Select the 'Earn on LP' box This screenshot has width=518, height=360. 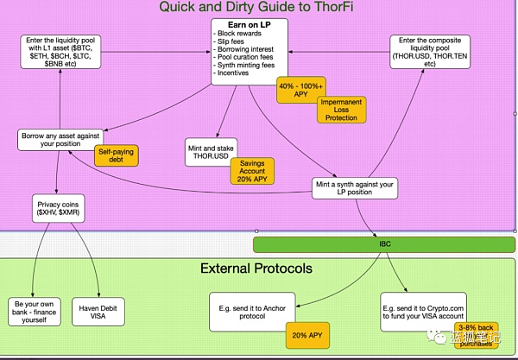pyautogui.click(x=255, y=52)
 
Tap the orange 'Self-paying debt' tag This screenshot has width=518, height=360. pyautogui.click(x=115, y=155)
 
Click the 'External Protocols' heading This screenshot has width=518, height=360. pyautogui.click(x=256, y=268)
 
